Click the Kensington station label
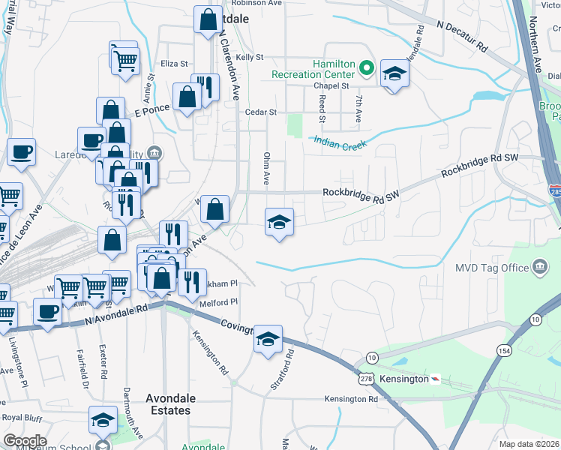[404, 379]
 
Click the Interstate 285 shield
[554, 193]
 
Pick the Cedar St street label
[262, 112]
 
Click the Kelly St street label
[250, 57]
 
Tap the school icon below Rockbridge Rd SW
[279, 222]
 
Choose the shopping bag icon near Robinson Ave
[208, 20]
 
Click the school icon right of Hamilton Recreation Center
[394, 73]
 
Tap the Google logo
[25, 440]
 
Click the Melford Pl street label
[218, 302]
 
